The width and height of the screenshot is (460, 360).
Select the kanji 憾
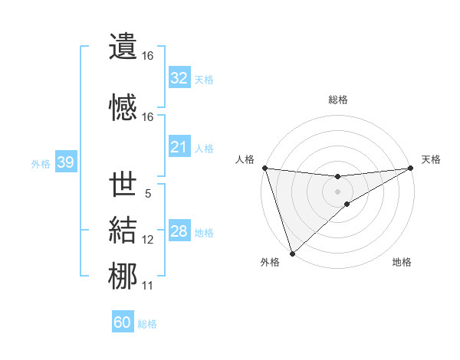pos(123,106)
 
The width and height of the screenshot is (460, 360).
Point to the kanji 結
pos(123,230)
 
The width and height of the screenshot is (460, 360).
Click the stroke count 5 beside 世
pos(148,194)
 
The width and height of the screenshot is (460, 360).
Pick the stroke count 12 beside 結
pos(148,240)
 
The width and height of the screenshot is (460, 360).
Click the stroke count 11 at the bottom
pos(148,286)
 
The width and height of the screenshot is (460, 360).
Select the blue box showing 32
pos(179,78)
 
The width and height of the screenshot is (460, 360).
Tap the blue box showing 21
pos(179,147)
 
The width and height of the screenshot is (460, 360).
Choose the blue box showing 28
pos(179,231)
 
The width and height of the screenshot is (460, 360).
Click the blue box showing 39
pos(65,162)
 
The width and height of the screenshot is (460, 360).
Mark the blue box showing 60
pos(123,322)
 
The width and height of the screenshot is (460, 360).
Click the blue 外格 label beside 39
pos(41,163)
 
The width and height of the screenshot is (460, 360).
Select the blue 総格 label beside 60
pos(147,324)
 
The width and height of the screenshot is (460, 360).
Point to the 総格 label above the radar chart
pos(337,100)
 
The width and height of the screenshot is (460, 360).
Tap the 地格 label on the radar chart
pos(402,262)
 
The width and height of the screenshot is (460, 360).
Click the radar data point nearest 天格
pos(411,169)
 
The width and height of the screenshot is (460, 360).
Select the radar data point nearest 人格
pos(264,168)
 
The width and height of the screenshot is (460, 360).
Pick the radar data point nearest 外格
pos(292,253)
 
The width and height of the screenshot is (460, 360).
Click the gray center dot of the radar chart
pos(337,191)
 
